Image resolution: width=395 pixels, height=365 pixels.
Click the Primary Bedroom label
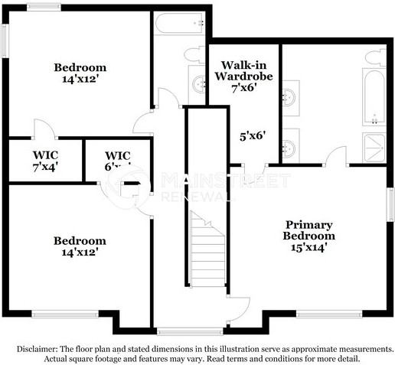click(x=309, y=236)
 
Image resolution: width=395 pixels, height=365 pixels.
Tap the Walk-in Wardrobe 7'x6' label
click(x=243, y=76)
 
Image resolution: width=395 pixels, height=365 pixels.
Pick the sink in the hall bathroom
click(x=198, y=84)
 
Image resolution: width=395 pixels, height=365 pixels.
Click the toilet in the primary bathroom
click(x=375, y=57)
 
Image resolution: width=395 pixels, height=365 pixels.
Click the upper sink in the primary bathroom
click(x=290, y=97)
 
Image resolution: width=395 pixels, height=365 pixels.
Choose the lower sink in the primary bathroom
click(x=290, y=146)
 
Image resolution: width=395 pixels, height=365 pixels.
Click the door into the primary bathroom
click(x=335, y=157)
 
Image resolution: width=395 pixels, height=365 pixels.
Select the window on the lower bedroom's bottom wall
click(x=64, y=313)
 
